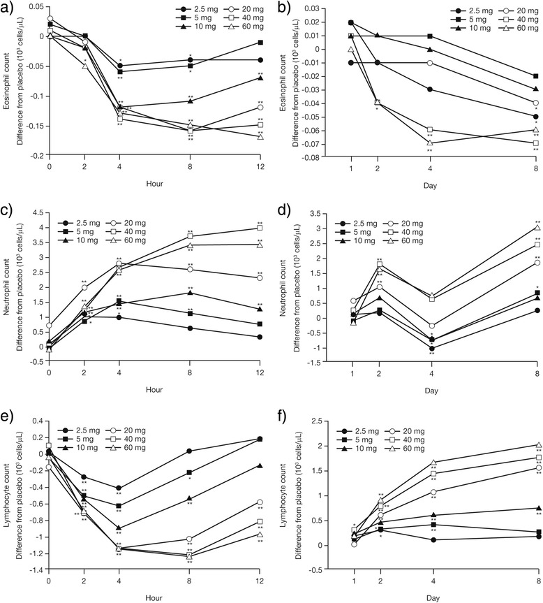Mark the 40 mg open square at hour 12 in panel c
tap(260, 228)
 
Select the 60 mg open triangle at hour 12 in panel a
tap(260, 137)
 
